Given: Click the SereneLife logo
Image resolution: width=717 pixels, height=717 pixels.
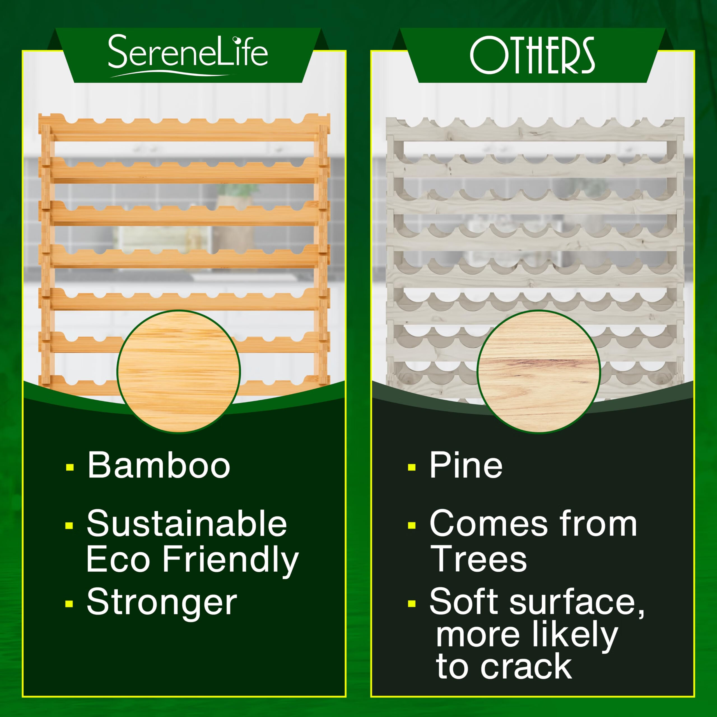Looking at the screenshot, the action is click(x=188, y=55).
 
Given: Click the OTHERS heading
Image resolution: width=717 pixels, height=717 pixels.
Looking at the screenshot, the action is click(x=532, y=55).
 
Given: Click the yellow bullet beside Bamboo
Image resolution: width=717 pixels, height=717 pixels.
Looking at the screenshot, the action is click(x=69, y=467).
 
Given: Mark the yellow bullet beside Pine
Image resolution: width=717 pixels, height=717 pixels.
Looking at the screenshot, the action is click(x=411, y=467).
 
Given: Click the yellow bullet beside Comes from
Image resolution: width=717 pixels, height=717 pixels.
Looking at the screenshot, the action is click(x=411, y=525).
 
